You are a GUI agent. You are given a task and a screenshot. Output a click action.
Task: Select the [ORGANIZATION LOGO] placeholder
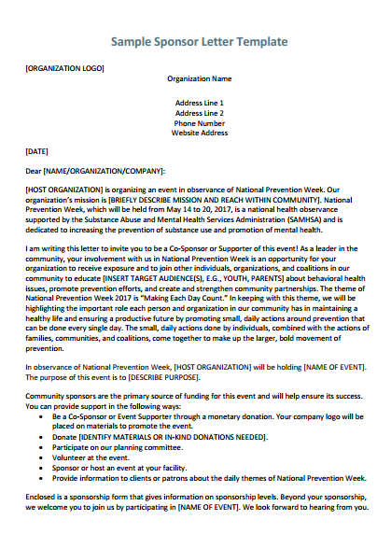64,68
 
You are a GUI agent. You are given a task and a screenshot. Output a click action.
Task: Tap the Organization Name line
199,79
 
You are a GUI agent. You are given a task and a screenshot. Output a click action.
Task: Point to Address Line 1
199,102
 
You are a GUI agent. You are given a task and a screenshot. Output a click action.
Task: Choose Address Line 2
199,112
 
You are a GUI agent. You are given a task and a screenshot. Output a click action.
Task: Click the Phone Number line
199,122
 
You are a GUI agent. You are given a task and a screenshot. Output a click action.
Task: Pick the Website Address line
199,133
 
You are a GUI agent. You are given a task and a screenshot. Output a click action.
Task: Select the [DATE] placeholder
37,150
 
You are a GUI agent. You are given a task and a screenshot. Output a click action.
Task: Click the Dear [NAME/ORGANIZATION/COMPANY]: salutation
95,171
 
